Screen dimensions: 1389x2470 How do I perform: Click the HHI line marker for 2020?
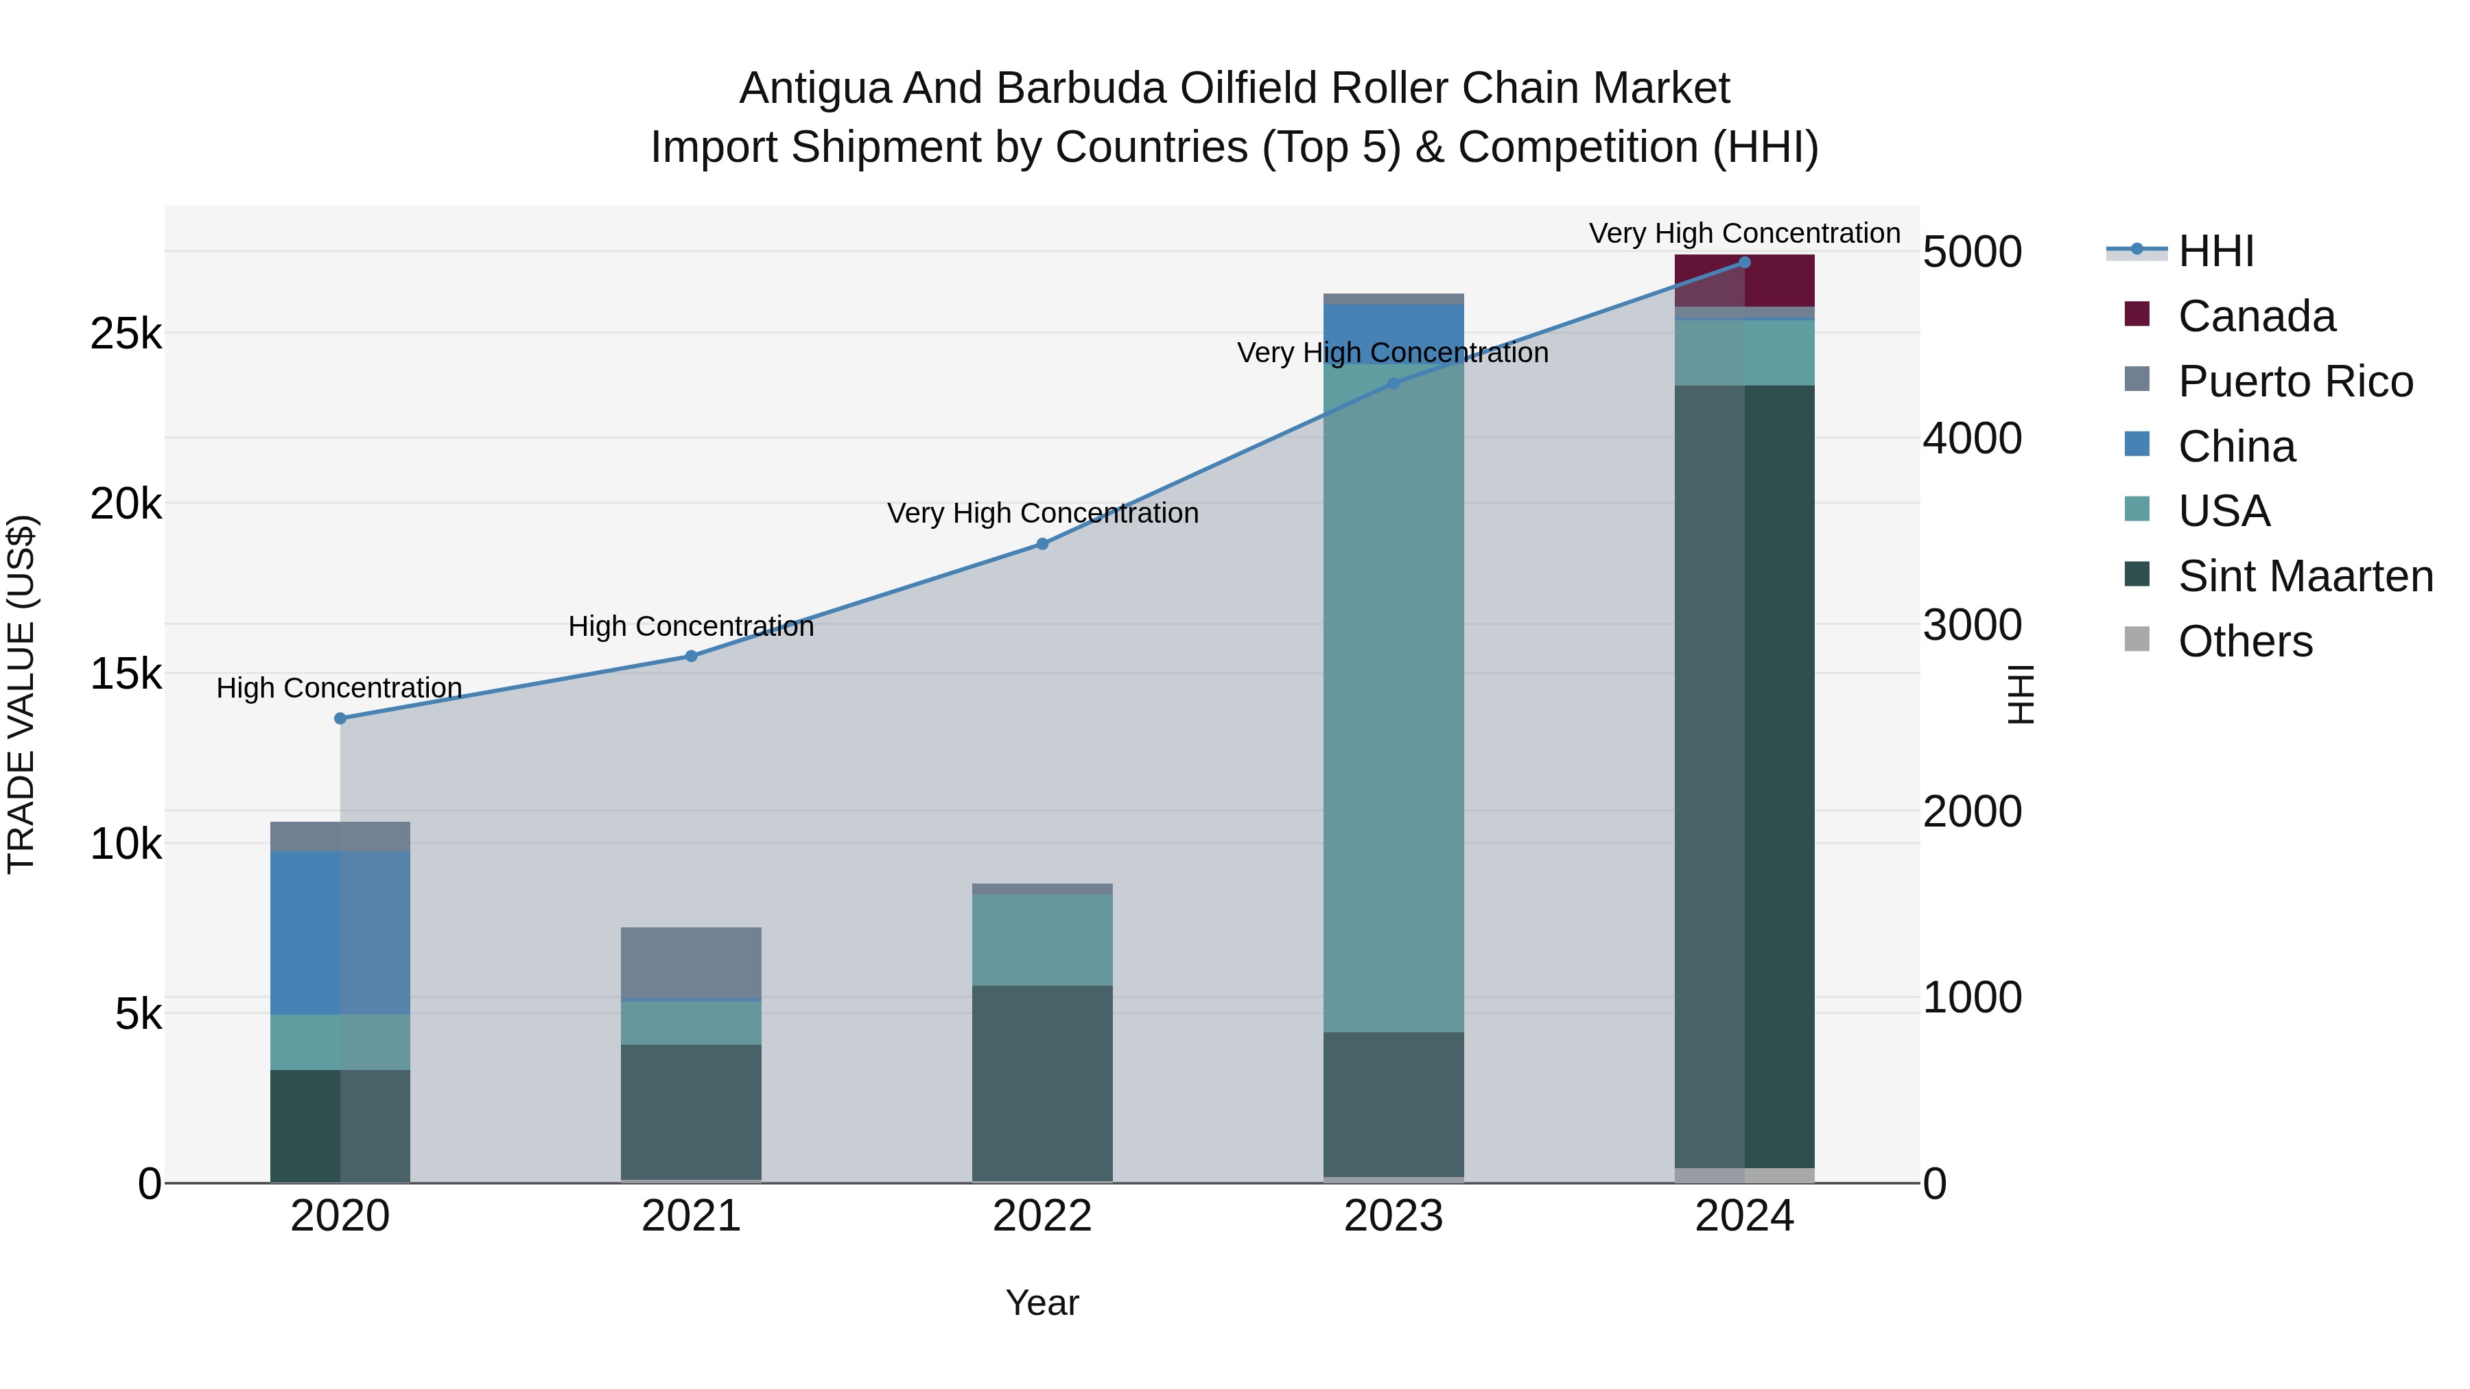340,718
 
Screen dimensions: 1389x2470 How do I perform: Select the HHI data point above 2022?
1042,543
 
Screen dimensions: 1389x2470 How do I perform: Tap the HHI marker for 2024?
1744,263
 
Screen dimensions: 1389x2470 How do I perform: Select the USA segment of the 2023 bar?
1393,697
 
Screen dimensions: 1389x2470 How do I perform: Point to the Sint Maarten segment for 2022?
1042,1083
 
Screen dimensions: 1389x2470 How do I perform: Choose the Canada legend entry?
2255,316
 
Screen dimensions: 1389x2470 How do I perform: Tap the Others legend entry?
2245,641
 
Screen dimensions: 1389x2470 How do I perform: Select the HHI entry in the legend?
2215,251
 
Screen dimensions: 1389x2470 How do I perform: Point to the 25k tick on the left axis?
126,333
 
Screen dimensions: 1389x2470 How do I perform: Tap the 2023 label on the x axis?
1393,1216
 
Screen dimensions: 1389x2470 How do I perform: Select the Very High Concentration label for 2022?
1042,513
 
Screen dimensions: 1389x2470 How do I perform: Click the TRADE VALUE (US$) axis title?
21,694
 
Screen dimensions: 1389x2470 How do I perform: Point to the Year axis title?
1042,1303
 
